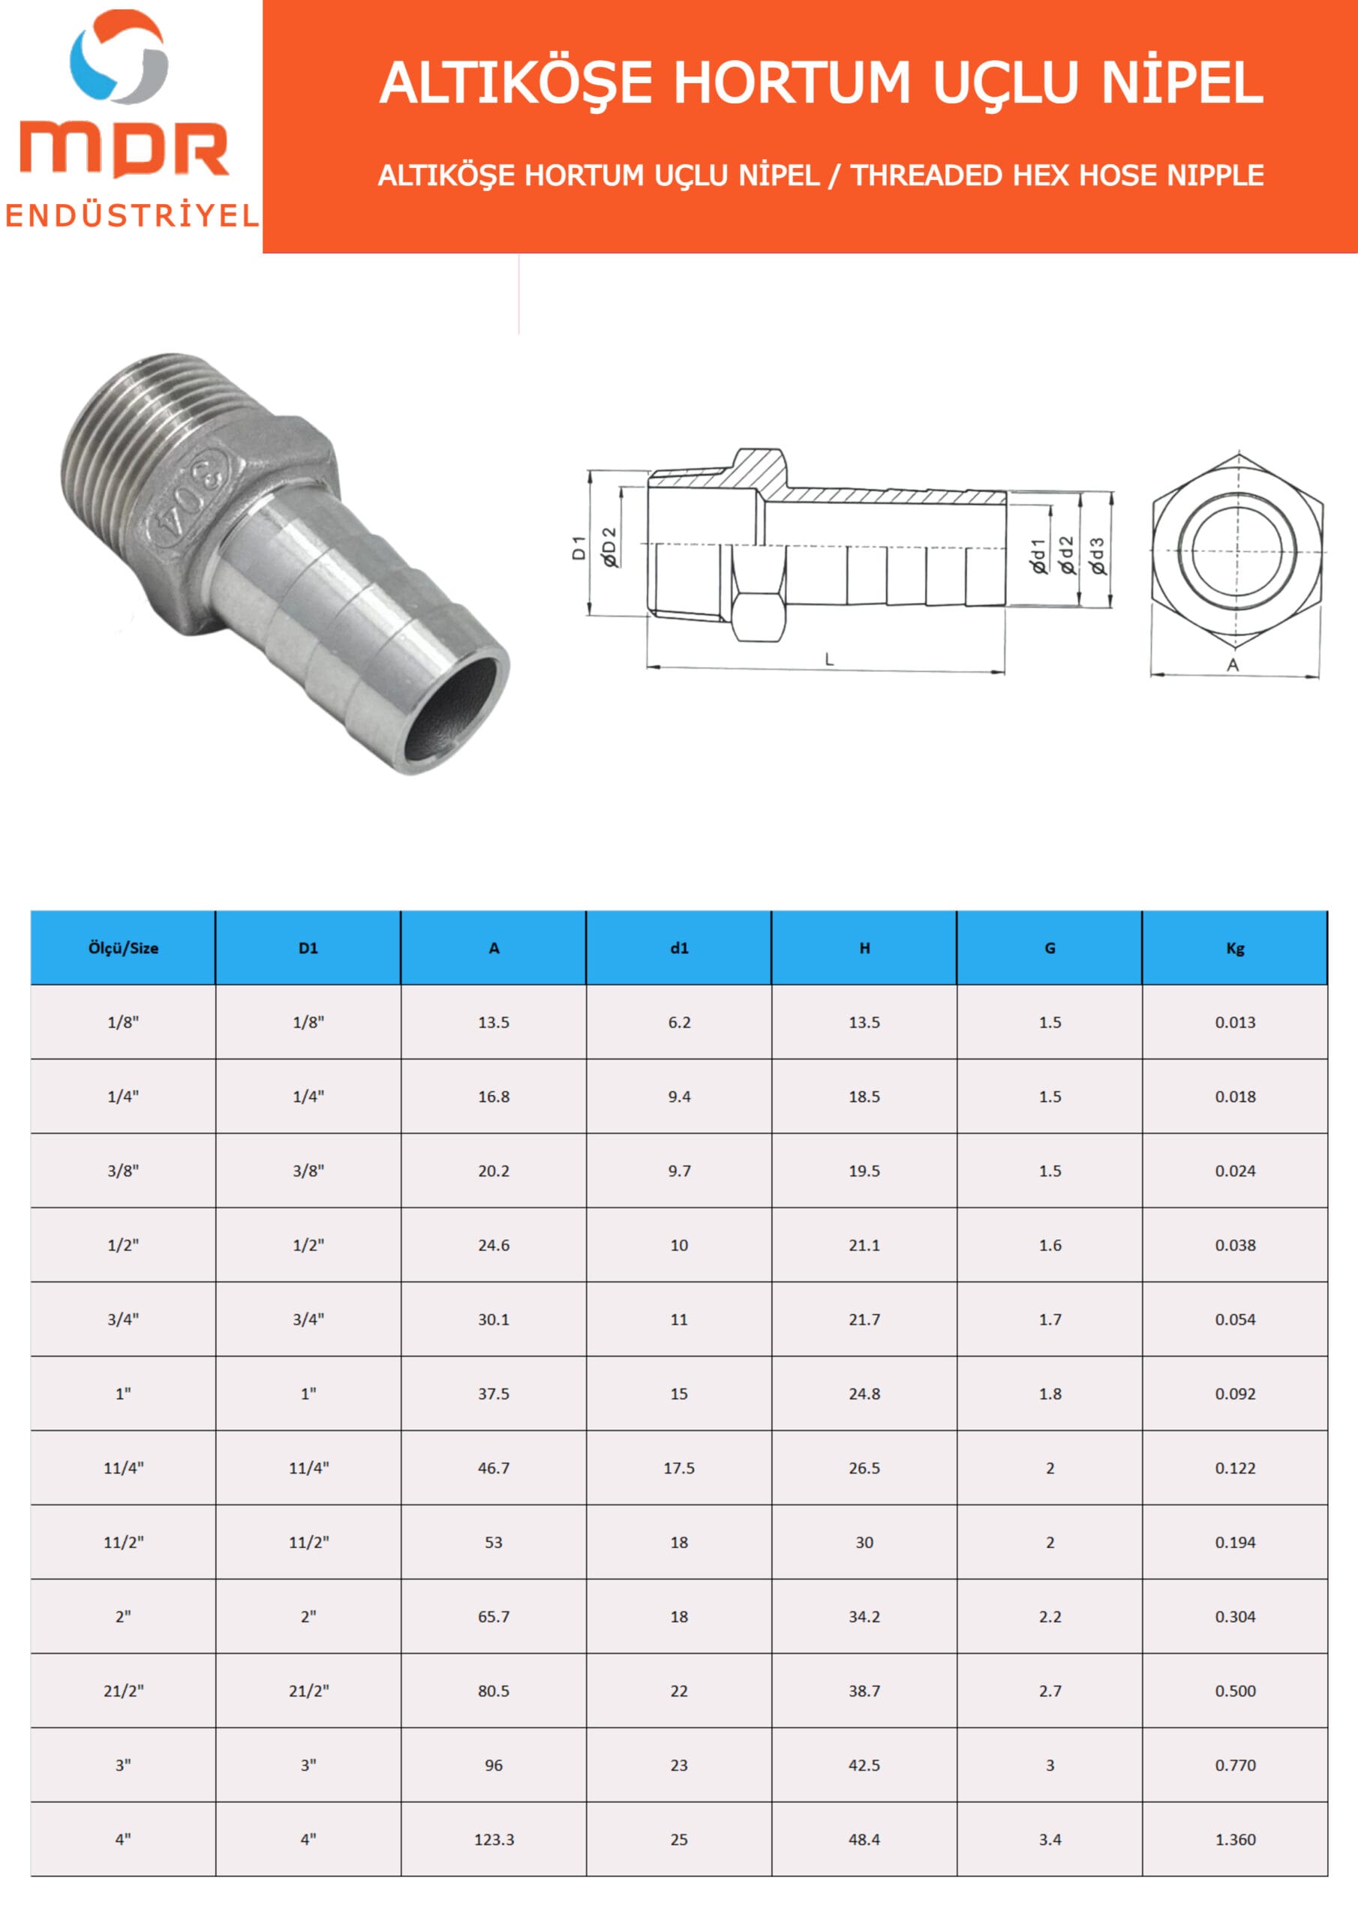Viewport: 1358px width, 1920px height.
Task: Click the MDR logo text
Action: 124,151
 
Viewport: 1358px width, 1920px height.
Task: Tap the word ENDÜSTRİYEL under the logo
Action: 132,216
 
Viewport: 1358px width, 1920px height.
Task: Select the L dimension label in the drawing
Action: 829,659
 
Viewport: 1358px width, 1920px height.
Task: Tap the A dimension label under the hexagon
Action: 1233,664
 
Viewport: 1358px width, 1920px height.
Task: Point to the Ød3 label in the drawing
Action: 1097,556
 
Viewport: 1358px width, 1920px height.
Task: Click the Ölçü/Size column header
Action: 123,948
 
